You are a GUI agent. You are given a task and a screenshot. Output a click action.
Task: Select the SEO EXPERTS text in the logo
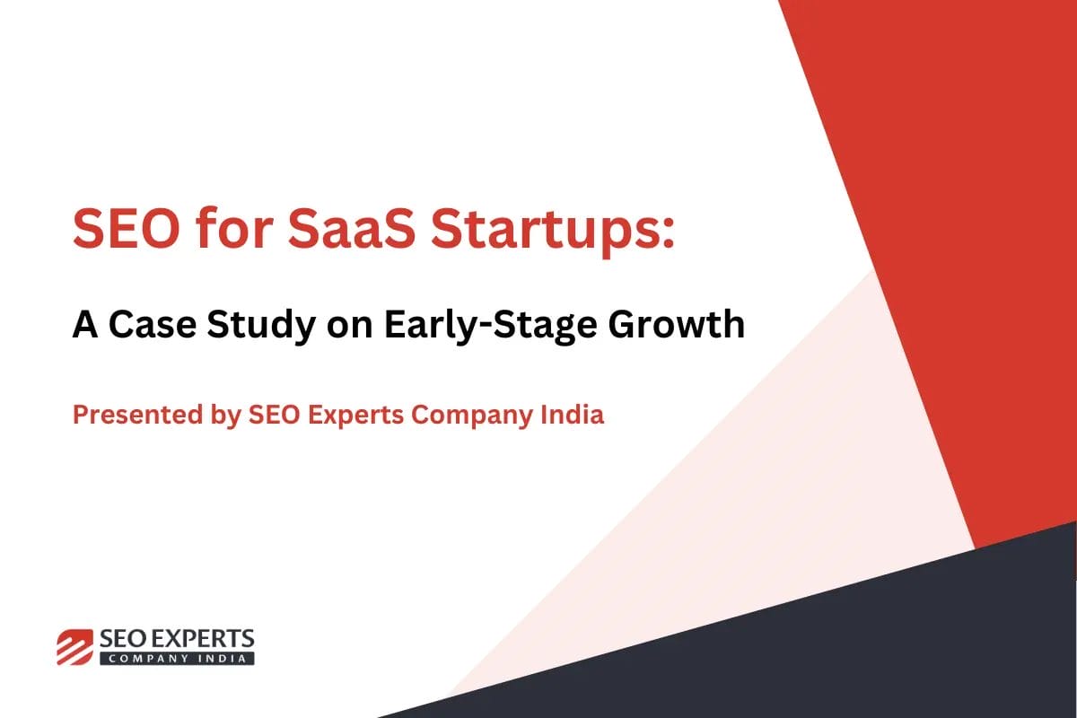coord(177,639)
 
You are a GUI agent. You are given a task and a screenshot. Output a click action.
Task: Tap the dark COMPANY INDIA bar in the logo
coord(177,658)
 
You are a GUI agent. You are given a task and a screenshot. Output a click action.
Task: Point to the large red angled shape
coord(951,224)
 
